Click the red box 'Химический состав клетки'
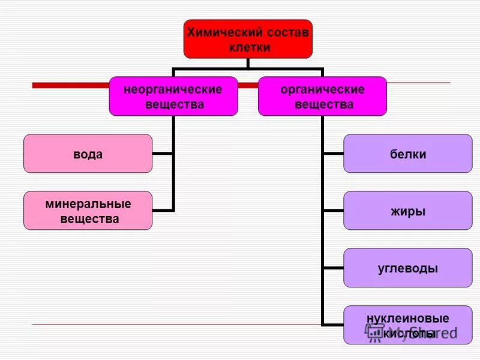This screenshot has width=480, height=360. (x=248, y=40)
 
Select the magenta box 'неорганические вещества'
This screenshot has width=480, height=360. (x=173, y=96)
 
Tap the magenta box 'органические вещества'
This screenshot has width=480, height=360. (x=322, y=96)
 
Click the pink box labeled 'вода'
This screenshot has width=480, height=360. (x=88, y=154)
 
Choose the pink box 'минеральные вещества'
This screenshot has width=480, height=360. (x=88, y=211)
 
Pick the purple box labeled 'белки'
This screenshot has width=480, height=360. (x=407, y=154)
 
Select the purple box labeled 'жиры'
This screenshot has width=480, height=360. (x=407, y=211)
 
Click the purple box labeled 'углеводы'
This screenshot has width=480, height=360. (x=407, y=268)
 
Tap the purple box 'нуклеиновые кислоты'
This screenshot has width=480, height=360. (x=407, y=325)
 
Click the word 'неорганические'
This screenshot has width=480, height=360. (x=173, y=89)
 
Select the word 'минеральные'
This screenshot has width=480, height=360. (x=88, y=204)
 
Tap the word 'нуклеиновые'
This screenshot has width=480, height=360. (x=407, y=318)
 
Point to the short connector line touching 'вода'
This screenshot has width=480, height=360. (x=163, y=154)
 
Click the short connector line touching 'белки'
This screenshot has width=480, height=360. (x=333, y=154)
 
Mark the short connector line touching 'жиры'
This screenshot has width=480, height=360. (x=333, y=211)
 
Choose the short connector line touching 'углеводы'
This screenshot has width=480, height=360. (x=333, y=268)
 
